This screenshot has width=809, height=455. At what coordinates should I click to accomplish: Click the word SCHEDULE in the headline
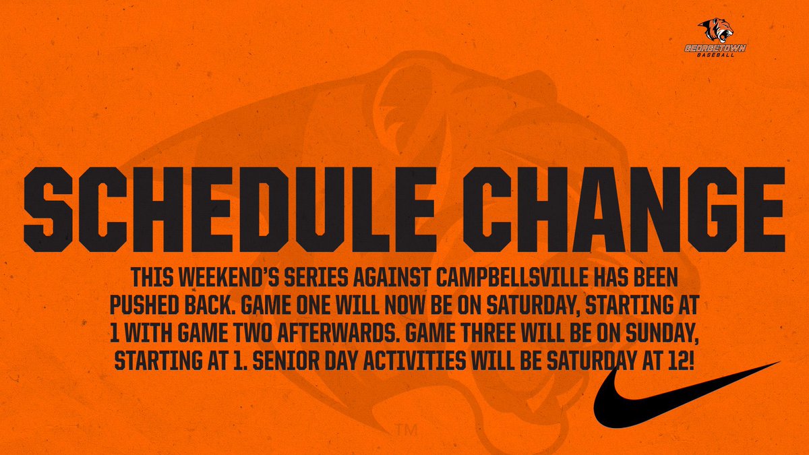(x=230, y=210)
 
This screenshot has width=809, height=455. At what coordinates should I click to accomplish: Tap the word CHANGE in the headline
(x=624, y=210)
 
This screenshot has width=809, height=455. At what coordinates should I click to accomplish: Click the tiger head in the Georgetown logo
(x=715, y=30)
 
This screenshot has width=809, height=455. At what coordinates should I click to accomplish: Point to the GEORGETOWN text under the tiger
(x=715, y=49)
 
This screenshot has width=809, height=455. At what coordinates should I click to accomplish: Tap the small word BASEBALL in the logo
(x=715, y=55)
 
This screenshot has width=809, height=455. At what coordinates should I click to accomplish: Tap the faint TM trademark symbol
(x=407, y=430)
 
